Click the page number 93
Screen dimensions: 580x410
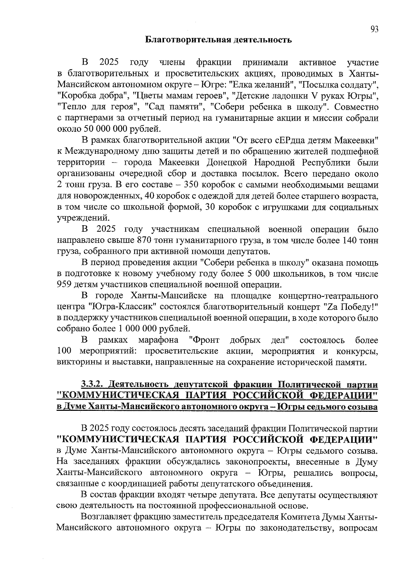(374, 29)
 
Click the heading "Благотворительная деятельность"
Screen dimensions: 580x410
(219, 40)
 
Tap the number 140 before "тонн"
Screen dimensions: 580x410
(350, 241)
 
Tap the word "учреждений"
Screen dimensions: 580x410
(78, 218)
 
